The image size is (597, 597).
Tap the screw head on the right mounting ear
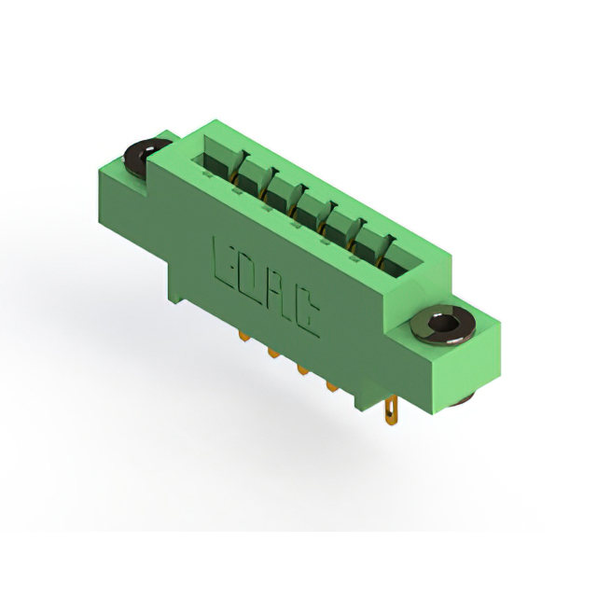443,326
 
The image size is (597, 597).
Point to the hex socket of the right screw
443,325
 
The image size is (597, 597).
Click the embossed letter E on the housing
224,263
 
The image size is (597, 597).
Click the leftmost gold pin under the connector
243,336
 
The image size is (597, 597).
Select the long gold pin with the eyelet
391,412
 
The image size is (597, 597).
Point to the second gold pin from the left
272,354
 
